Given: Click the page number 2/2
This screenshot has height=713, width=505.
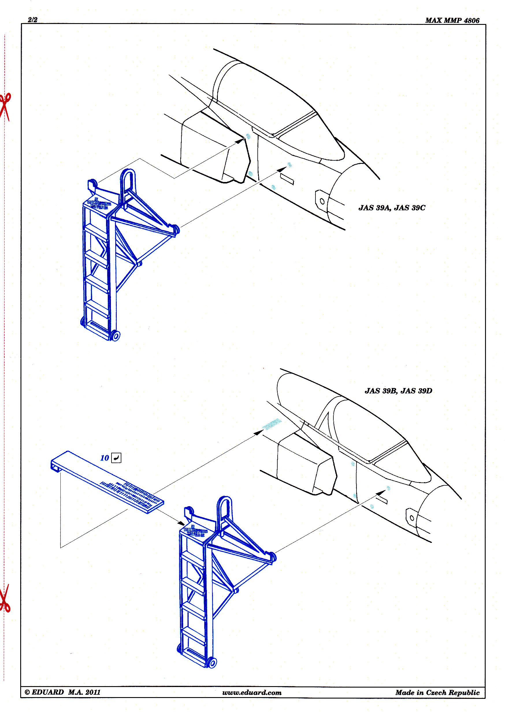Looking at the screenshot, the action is click(x=32, y=20).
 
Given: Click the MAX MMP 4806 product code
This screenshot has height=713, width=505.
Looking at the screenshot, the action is click(x=452, y=21).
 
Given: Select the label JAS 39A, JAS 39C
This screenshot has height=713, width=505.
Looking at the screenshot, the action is click(x=392, y=208).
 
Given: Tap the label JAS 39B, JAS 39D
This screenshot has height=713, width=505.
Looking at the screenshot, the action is click(x=398, y=391).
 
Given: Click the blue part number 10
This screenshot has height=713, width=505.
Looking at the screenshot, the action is click(x=105, y=458).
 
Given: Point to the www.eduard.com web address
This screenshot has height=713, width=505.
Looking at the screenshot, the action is click(x=252, y=692).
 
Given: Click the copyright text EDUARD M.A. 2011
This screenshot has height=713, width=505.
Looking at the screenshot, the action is click(x=62, y=692).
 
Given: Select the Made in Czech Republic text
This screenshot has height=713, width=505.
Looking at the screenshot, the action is click(x=437, y=692).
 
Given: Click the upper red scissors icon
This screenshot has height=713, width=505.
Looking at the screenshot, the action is click(x=5, y=107).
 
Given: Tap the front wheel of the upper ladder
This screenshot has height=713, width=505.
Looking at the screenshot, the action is click(x=115, y=336).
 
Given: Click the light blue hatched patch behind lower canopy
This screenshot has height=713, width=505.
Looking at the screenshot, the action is click(x=272, y=424).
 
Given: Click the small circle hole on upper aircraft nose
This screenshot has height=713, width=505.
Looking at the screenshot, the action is click(x=322, y=201).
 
